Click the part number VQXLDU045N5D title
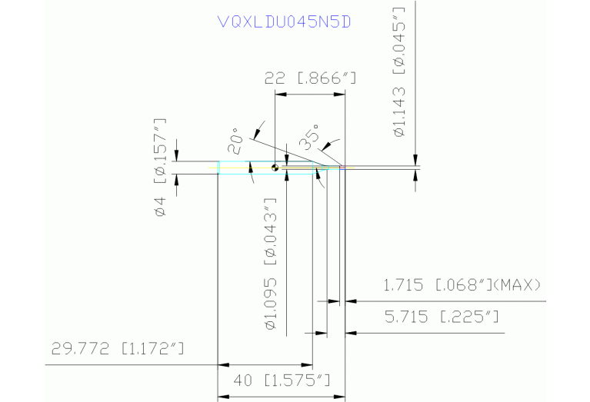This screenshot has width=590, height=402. (x=285, y=22)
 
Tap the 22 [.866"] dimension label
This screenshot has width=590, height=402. (x=310, y=78)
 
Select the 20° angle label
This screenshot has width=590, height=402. (x=235, y=141)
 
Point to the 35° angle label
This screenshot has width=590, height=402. (x=309, y=138)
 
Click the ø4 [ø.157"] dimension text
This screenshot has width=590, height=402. (x=160, y=168)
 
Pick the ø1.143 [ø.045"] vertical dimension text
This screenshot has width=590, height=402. (x=399, y=72)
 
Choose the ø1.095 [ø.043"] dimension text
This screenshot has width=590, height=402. (x=271, y=264)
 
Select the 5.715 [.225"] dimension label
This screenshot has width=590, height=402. (x=442, y=317)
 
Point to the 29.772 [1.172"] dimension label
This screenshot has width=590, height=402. (x=118, y=348)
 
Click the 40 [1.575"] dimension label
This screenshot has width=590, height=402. (x=282, y=380)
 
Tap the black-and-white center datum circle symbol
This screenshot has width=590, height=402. (x=275, y=168)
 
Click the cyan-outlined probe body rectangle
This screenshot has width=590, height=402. (x=265, y=168)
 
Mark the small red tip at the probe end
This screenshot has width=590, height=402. (x=342, y=168)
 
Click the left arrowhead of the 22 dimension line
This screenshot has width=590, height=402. (x=281, y=94)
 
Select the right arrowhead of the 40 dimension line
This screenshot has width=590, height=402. (x=339, y=397)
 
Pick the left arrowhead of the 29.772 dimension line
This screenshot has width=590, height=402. (x=224, y=364)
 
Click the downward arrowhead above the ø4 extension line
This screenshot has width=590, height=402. (x=177, y=156)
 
